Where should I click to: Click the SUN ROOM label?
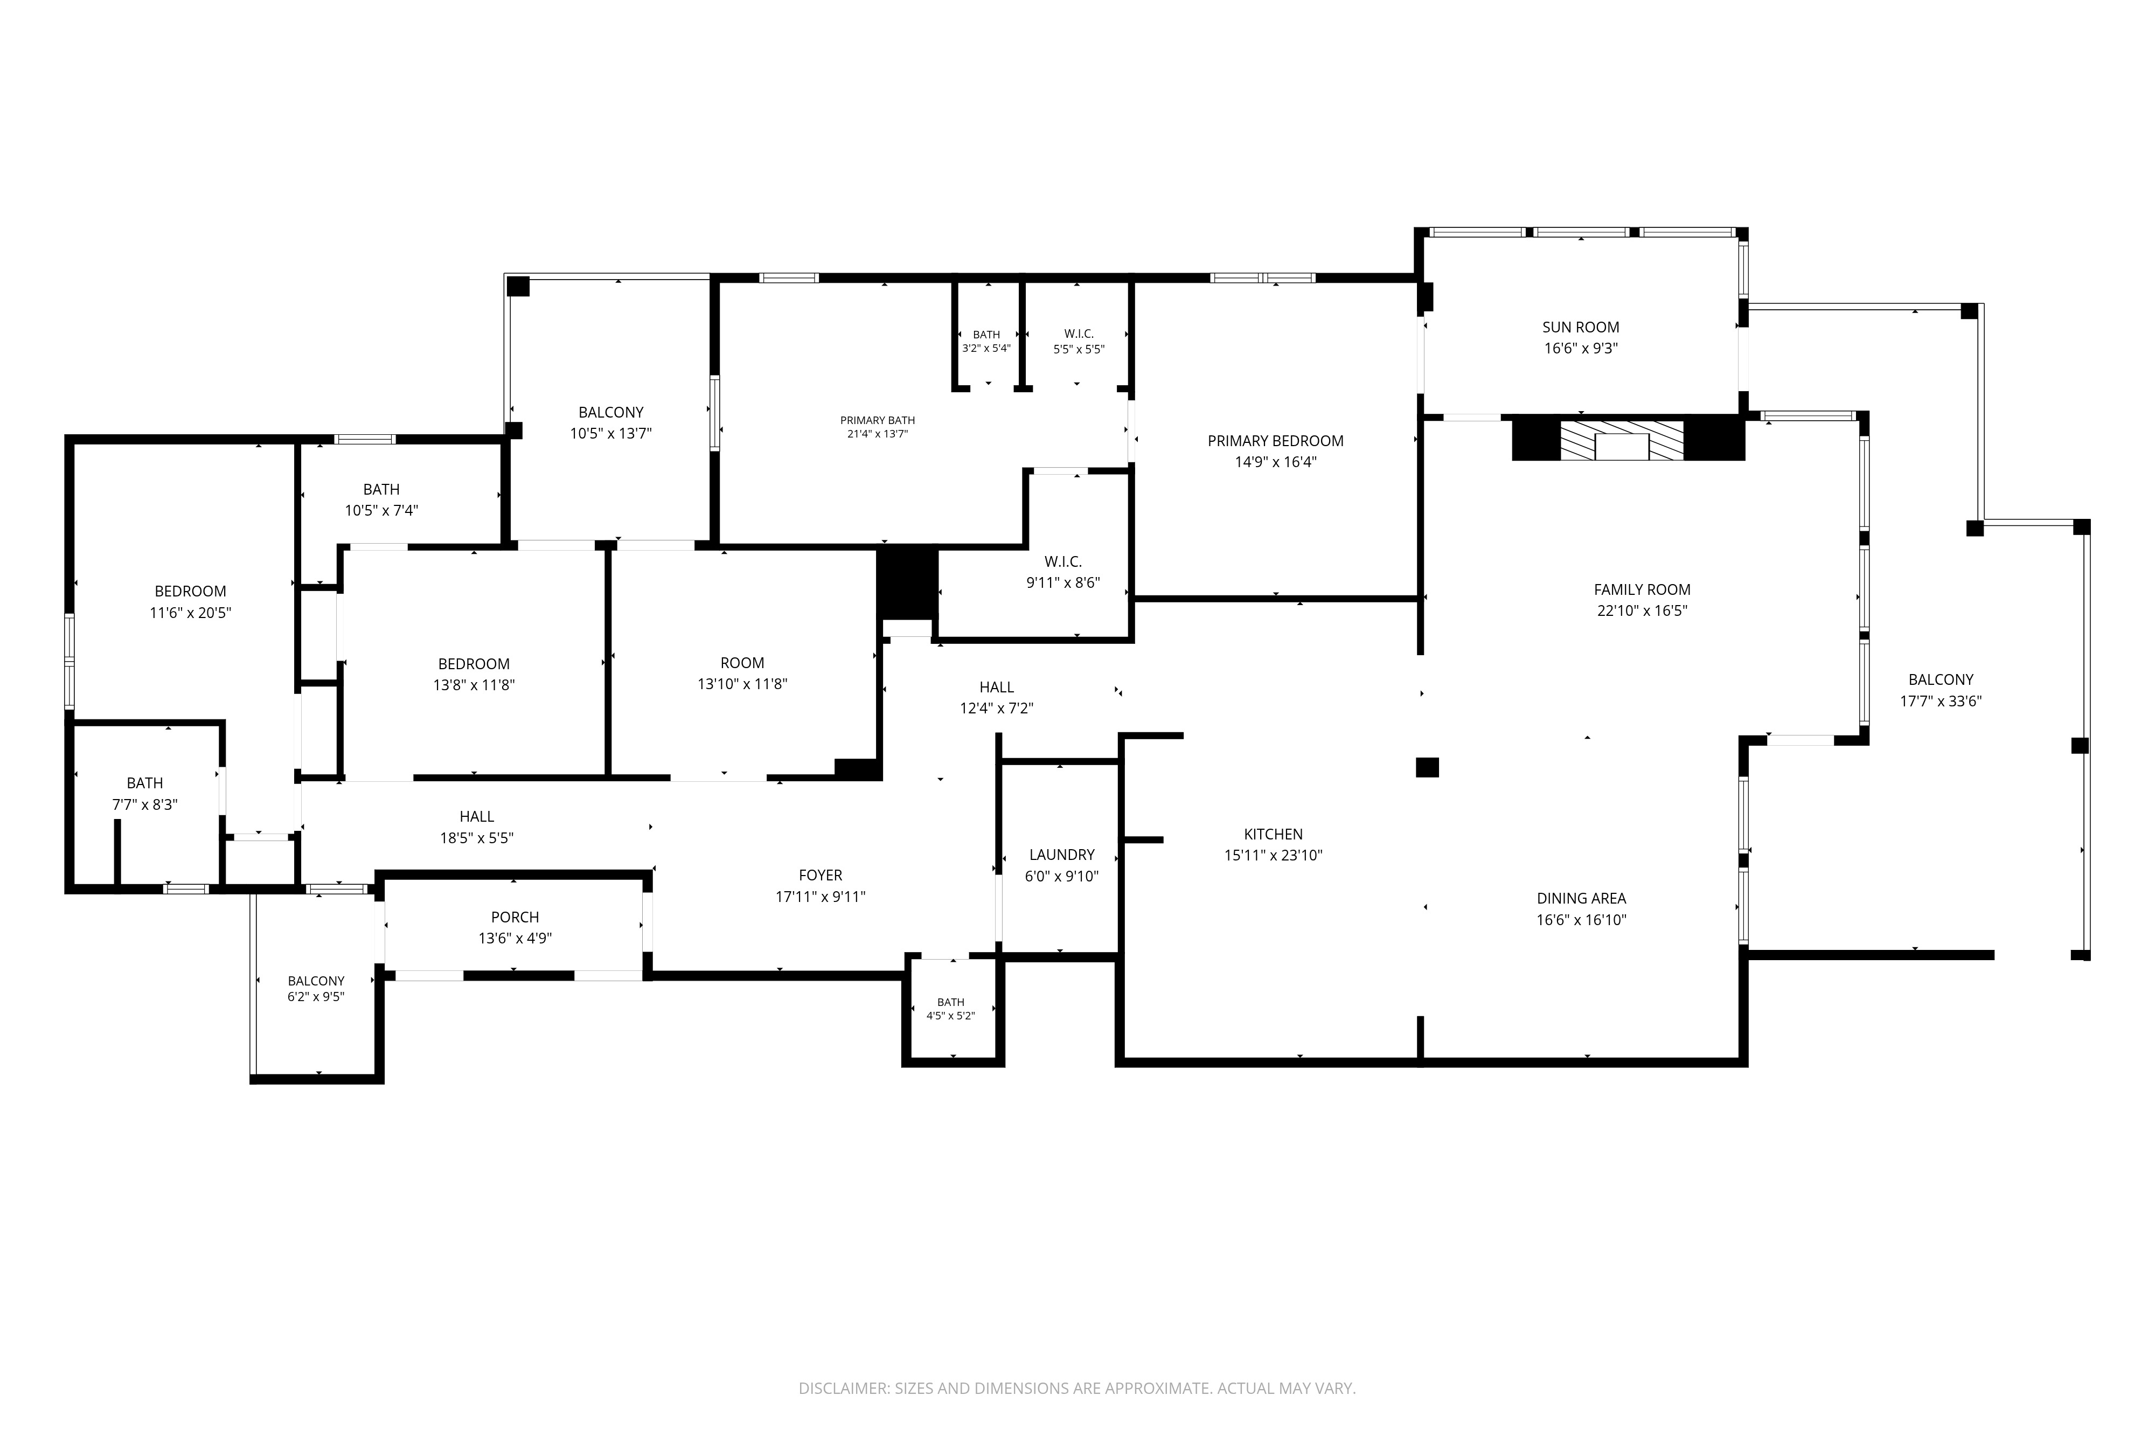1581,327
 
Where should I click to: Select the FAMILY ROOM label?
1642,590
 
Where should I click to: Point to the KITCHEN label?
1273,834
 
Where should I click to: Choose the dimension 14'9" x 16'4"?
1275,462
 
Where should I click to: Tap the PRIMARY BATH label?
877,421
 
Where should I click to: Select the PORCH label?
515,918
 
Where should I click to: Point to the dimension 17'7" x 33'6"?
1941,701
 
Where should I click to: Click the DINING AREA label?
1581,899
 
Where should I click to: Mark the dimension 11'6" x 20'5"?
191,613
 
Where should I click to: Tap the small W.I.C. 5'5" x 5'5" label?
1079,341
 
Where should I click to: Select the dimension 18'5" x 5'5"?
476,838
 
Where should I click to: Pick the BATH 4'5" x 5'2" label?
950,1009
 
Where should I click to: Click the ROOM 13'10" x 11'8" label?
742,674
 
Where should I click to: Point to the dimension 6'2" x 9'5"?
316,997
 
